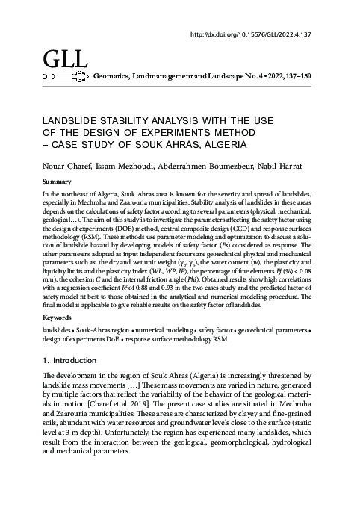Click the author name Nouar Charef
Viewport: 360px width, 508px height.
point(63,165)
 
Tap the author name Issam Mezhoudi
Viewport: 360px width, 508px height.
point(116,165)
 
